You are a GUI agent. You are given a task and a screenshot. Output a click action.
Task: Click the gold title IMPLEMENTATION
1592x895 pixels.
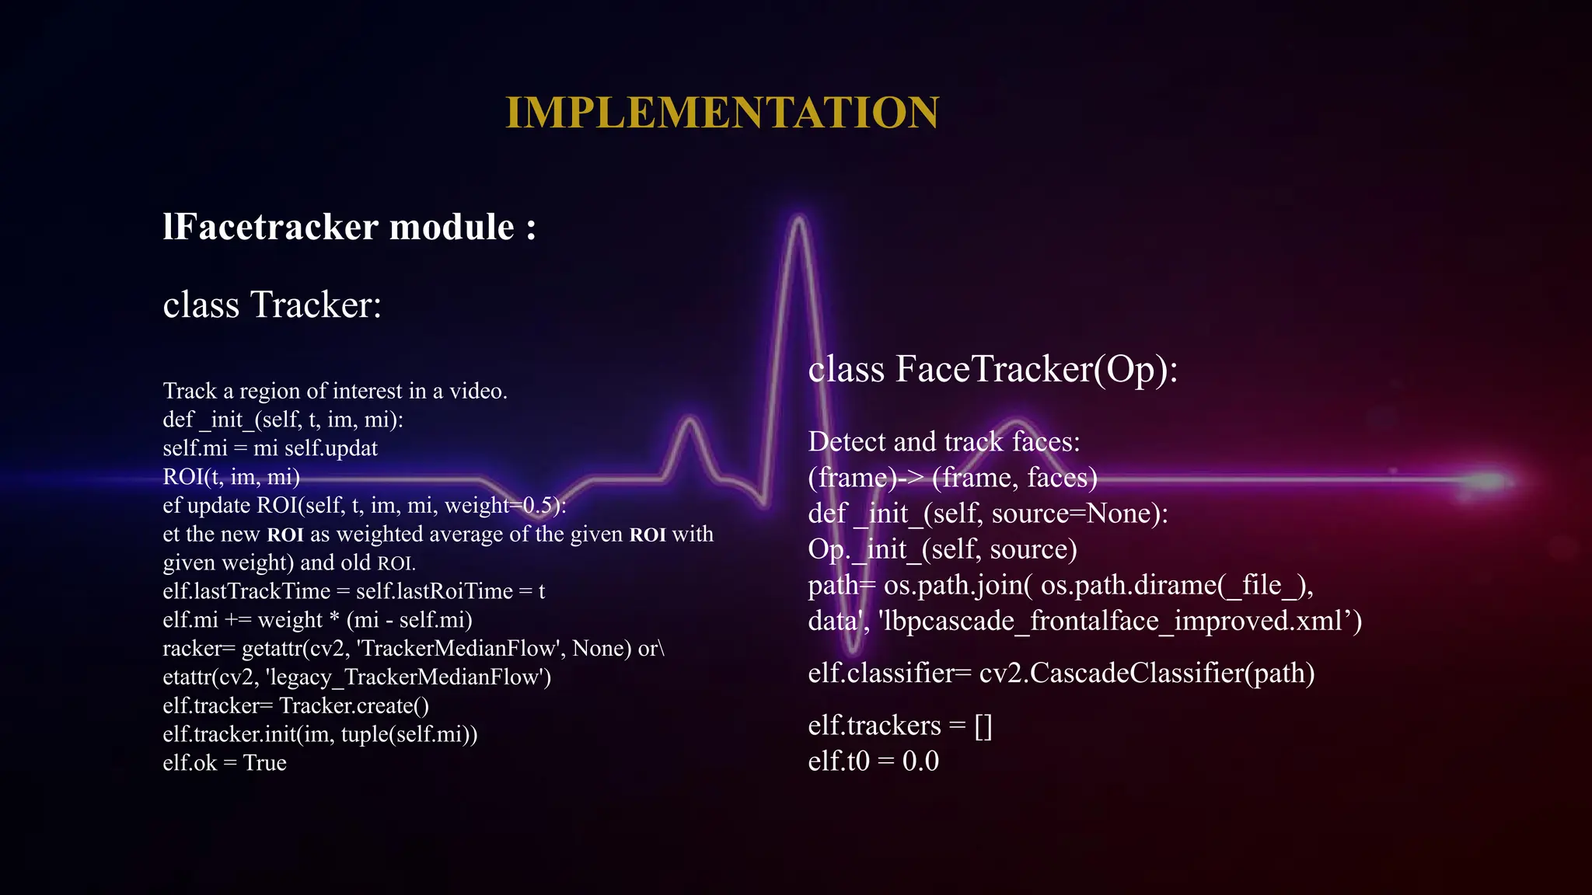(x=722, y=113)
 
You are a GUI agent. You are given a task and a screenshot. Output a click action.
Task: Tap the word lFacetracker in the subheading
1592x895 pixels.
(x=271, y=227)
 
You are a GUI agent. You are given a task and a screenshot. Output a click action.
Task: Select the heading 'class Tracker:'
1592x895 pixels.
(x=272, y=305)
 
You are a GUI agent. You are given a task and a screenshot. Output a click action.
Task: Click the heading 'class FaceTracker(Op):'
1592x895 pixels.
(x=993, y=369)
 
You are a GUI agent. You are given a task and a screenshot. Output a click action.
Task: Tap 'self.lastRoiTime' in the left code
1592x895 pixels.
(x=434, y=591)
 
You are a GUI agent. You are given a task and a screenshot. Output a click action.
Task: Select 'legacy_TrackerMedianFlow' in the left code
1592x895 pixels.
(x=407, y=677)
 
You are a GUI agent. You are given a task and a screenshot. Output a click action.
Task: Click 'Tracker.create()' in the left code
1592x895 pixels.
(x=354, y=706)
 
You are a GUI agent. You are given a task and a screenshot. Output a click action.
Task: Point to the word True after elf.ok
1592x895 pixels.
(x=264, y=763)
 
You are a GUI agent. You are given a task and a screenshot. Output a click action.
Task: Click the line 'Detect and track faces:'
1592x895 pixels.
(x=944, y=442)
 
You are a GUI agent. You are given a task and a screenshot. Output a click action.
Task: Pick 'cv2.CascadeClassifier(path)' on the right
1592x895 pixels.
(x=1147, y=673)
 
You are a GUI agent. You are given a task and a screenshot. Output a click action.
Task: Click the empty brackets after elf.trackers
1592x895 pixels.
(x=983, y=726)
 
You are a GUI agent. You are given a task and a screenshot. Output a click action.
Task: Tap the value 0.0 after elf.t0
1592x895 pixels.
(x=920, y=761)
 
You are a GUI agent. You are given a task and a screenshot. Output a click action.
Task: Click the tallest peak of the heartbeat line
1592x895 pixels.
(x=798, y=221)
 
